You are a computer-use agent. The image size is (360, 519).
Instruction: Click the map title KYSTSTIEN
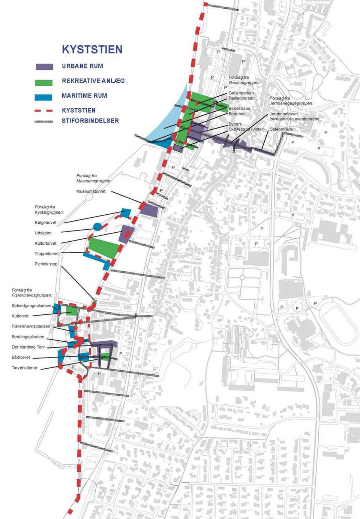coord(92,49)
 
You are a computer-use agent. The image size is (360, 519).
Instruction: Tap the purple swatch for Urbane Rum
coord(44,67)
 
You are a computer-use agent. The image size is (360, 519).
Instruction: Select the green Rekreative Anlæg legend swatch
coord(43,83)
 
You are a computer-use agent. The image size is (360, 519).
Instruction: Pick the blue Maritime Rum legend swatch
coord(43,97)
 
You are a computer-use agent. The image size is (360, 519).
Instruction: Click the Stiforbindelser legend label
coord(90,121)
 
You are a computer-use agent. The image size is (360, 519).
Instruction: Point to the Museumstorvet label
coord(91,191)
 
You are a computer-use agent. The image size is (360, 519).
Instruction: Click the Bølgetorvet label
coord(45,223)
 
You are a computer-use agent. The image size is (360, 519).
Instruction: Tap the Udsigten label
coord(43,233)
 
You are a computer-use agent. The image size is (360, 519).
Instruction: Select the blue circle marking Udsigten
coord(97,226)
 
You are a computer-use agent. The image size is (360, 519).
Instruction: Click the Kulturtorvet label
coord(45,243)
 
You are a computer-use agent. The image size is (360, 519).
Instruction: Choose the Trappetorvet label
coord(46,254)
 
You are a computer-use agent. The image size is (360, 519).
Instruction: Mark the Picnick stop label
coord(46,264)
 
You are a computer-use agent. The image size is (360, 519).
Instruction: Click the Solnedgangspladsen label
coord(31,306)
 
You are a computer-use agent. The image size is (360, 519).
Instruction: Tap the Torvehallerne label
coord(24,368)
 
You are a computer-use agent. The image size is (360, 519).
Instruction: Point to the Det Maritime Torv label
coord(28,347)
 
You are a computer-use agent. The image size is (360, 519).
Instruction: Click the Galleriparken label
coord(241,93)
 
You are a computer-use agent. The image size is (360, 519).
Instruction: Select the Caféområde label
coord(281,129)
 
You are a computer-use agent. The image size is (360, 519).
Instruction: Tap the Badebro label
coord(237,114)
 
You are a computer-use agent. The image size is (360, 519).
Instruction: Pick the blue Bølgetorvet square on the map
coord(126,213)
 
